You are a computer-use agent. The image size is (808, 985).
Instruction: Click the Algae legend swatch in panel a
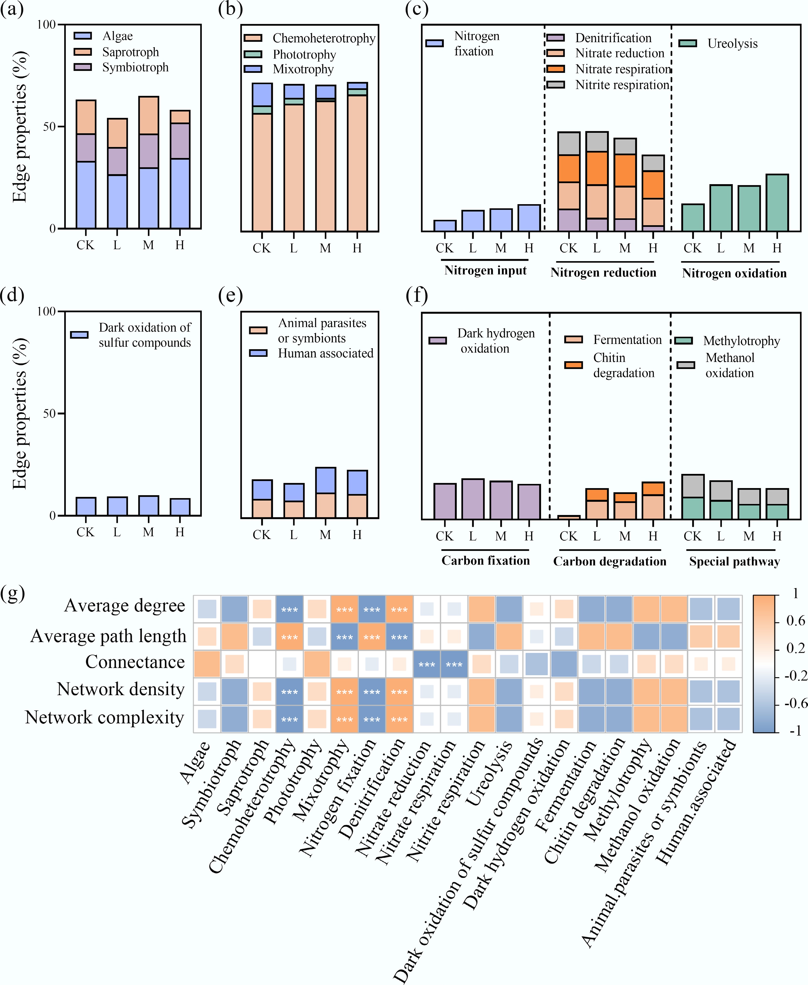(x=83, y=36)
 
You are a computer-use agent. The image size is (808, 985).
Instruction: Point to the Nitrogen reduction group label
(x=603, y=272)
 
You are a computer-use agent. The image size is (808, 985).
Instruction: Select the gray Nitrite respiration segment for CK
(x=569, y=144)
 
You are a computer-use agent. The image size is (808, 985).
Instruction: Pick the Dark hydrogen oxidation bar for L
(x=473, y=499)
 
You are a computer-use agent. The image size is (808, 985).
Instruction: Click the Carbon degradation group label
(x=609, y=561)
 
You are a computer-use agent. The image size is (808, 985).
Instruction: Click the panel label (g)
(x=12, y=594)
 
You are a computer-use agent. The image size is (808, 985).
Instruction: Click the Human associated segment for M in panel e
(x=325, y=480)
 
